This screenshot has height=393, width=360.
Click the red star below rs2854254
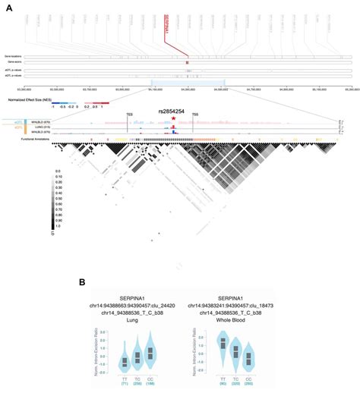(x=174, y=118)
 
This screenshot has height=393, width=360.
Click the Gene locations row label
(x=14, y=55)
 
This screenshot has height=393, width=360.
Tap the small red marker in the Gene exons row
(x=187, y=61)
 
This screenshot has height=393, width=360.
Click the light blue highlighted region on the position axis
(x=187, y=82)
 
